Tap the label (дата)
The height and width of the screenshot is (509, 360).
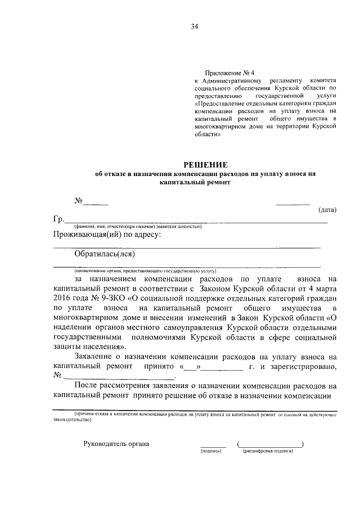[327, 210]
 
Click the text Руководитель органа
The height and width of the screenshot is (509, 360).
[116, 444]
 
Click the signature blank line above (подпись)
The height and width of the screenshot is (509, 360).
[211, 445]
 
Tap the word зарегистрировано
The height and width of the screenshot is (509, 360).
[305, 367]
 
